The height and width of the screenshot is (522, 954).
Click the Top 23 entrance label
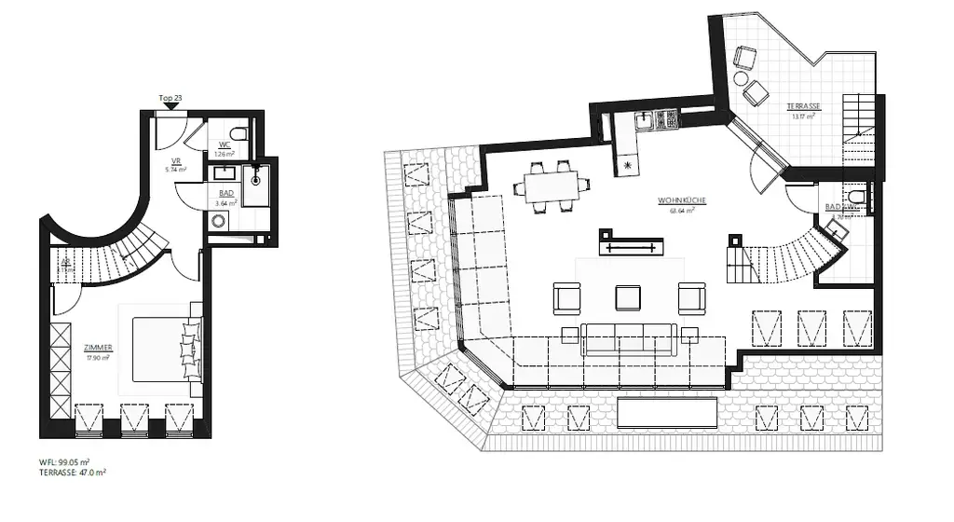point(170,98)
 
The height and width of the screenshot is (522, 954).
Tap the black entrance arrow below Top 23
point(170,108)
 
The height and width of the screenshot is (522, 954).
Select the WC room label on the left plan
point(225,144)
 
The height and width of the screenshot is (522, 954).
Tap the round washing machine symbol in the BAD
point(219,222)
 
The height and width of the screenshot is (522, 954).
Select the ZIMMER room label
point(97,347)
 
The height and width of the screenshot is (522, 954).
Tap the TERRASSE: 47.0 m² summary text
point(72,473)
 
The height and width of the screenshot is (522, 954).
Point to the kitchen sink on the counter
point(644,120)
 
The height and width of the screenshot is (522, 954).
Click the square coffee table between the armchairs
point(628,297)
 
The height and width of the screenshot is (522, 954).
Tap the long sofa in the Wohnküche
point(628,337)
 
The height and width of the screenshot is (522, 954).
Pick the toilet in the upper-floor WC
point(858,197)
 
